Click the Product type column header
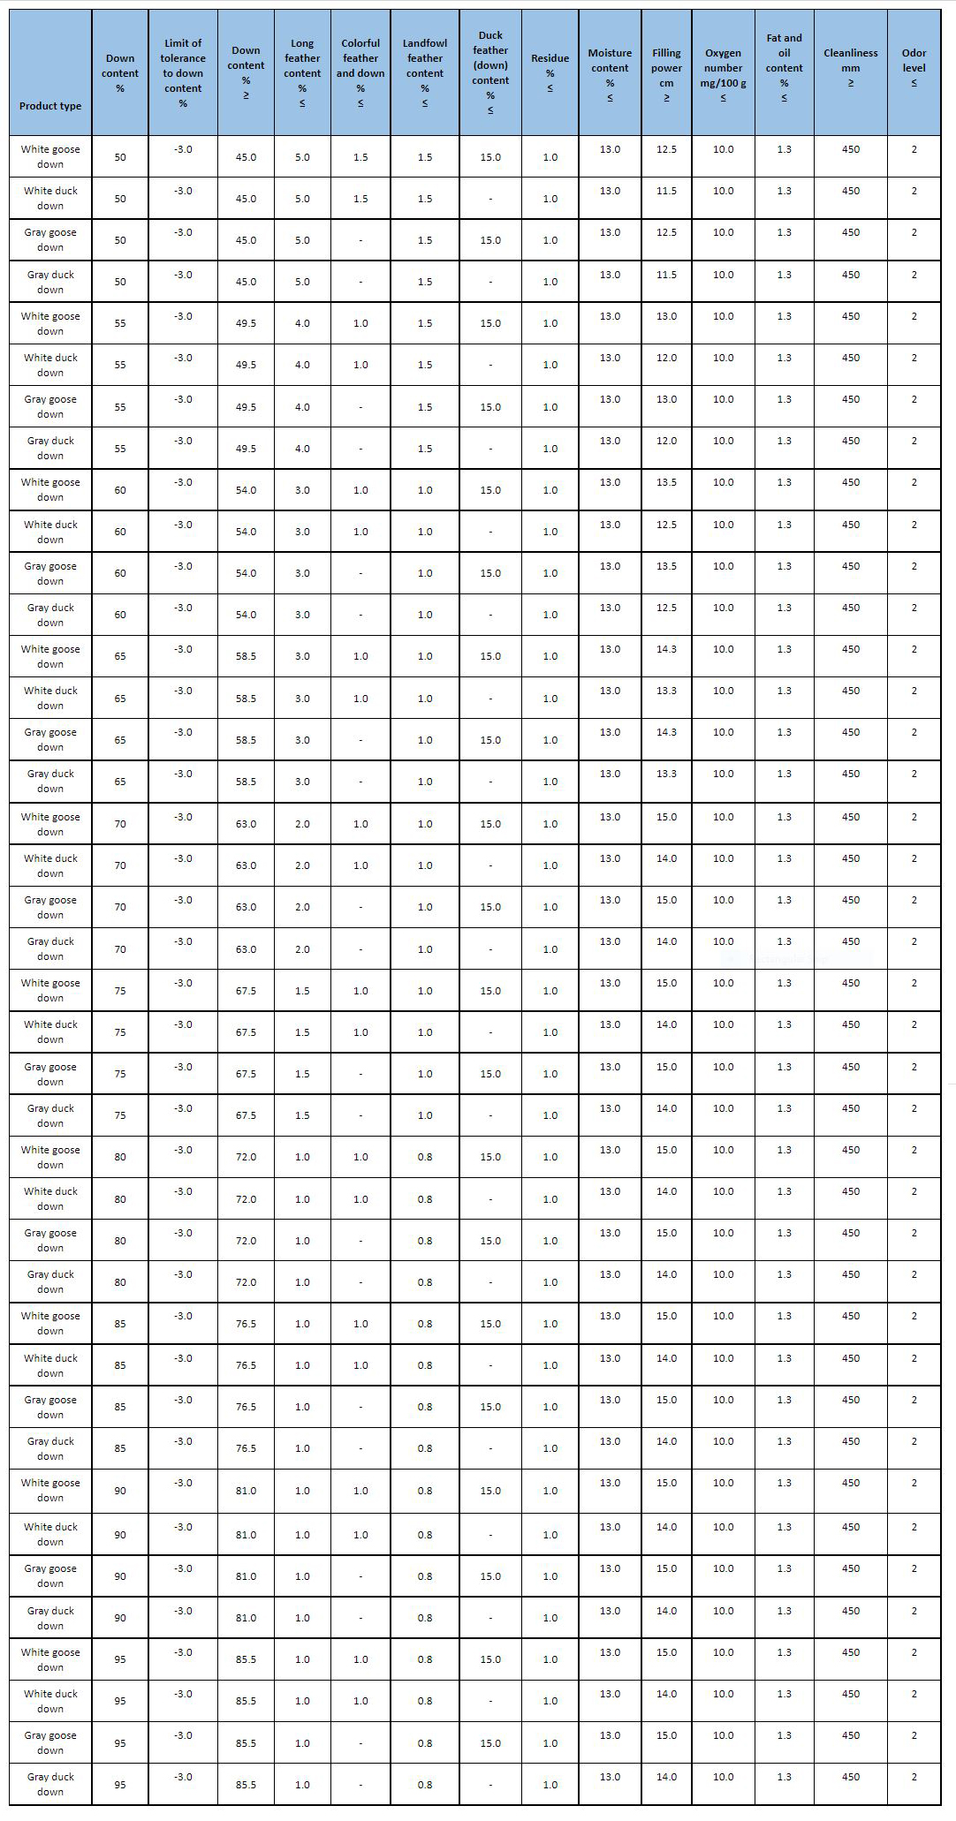[x=50, y=106]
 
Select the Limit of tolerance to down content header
[x=183, y=73]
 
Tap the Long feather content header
[x=302, y=73]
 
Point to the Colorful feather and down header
[x=360, y=73]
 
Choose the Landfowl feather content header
[x=425, y=73]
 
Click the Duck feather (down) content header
[x=490, y=73]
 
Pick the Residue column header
[x=550, y=73]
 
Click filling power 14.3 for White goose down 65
[x=666, y=649]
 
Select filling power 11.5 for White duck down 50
[x=666, y=191]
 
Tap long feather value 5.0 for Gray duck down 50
[x=302, y=282]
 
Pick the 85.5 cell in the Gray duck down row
[x=246, y=1785]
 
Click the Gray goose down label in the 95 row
[x=50, y=1742]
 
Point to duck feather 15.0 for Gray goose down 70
[x=490, y=907]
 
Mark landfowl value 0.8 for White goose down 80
[x=425, y=1157]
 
